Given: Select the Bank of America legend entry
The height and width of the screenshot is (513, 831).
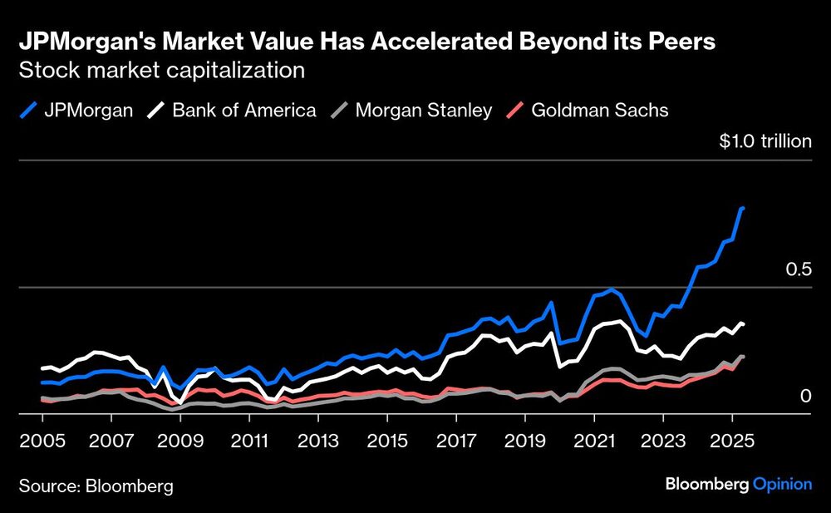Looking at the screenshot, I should [234, 110].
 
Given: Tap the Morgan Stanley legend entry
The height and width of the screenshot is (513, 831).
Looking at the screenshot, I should [412, 110].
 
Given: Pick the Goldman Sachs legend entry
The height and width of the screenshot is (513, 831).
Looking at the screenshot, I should [588, 110].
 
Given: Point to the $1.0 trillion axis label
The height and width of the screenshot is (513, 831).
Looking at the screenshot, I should [765, 141].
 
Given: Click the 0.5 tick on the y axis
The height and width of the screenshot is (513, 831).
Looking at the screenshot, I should [798, 269].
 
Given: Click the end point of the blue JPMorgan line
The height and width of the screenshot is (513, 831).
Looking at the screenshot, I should [742, 209].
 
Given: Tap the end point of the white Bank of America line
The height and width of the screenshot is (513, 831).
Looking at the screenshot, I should [742, 323].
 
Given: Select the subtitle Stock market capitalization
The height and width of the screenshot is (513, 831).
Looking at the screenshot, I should [161, 71].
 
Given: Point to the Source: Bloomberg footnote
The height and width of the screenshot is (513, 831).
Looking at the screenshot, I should [96, 486].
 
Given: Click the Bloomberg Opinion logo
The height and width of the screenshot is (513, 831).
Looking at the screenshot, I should [739, 485].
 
